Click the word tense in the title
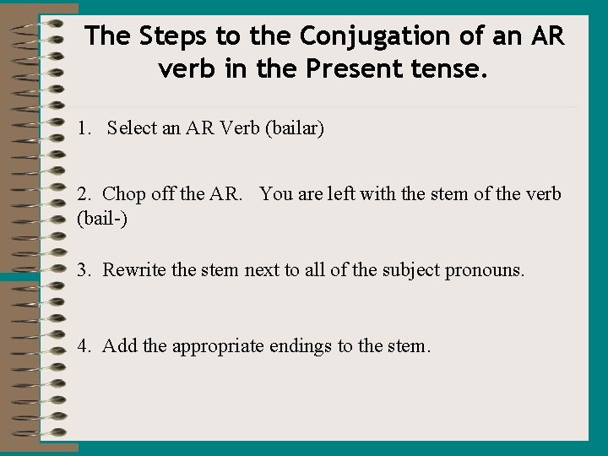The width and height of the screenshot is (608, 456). click(x=449, y=68)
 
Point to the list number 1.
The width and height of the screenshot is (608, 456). click(x=82, y=129)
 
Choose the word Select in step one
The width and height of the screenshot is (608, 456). click(x=133, y=129)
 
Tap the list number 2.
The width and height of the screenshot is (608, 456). click(x=83, y=194)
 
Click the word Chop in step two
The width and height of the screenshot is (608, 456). click(x=124, y=194)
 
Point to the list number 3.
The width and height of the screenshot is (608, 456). click(x=83, y=270)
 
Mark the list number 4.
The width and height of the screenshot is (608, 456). click(x=83, y=345)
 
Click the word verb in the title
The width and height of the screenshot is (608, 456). click(x=188, y=68)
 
